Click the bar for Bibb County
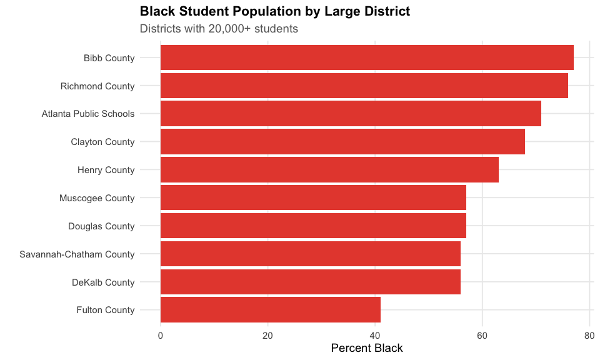tap(367, 57)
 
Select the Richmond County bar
tap(364, 86)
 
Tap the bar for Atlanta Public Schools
tap(351, 114)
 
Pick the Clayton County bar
tap(342, 142)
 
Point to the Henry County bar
tap(329, 169)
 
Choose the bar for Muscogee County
tap(313, 197)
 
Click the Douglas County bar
tap(313, 226)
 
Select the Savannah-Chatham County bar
tap(311, 254)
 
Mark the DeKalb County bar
tap(311, 282)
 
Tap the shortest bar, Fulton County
tap(271, 310)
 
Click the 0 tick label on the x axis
tap(161, 336)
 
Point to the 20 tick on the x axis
tap(267, 336)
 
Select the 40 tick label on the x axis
tap(375, 336)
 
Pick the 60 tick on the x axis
tap(482, 336)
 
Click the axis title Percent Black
tap(367, 348)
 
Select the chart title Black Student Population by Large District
tap(275, 11)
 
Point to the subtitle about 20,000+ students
tap(219, 29)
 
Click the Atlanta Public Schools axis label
tap(88, 114)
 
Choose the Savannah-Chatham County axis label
tap(77, 254)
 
